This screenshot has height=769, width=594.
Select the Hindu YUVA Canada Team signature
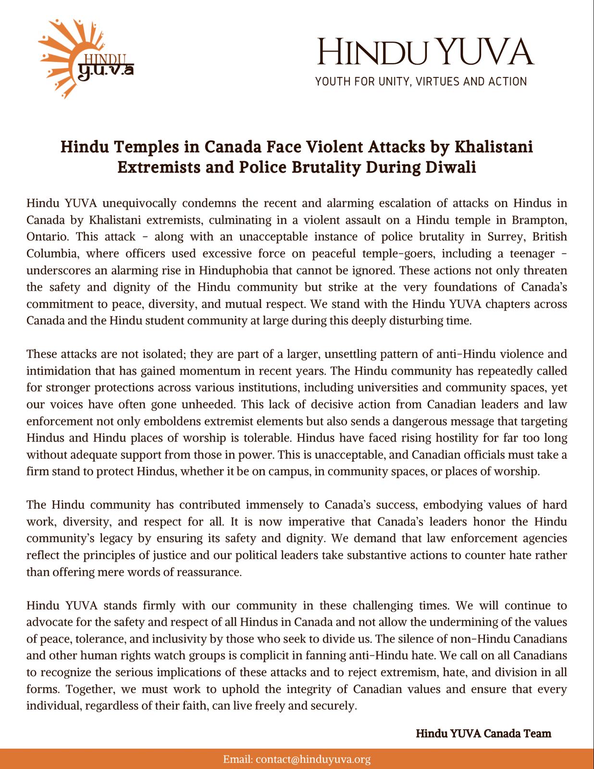(x=483, y=733)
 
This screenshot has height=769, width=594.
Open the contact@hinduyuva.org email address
(x=313, y=759)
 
